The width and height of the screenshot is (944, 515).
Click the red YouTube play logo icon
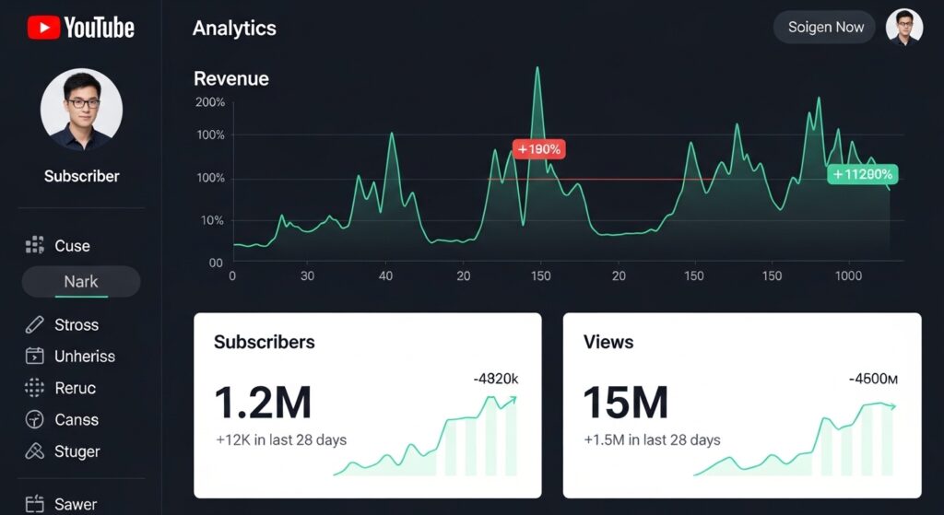click(42, 28)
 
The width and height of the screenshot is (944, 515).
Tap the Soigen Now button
click(825, 28)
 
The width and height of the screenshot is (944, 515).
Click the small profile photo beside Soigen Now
click(903, 28)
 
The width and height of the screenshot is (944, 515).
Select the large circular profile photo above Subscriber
click(81, 109)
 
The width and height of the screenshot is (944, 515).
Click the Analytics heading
click(234, 29)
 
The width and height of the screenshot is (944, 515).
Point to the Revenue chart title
click(231, 78)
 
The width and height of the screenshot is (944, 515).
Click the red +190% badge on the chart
click(538, 148)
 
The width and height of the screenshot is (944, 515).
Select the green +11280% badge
click(862, 173)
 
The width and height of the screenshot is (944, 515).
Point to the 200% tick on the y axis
click(209, 102)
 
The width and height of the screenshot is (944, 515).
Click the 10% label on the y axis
click(211, 220)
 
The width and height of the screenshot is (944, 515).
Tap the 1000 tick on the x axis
click(847, 275)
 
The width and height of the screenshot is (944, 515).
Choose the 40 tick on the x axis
click(385, 275)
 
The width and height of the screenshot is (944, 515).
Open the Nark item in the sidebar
click(81, 282)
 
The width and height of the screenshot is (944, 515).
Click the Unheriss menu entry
click(84, 357)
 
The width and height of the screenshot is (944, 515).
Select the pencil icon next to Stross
click(35, 325)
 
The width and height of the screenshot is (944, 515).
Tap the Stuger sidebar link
click(77, 451)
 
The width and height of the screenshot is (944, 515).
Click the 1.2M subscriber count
click(263, 403)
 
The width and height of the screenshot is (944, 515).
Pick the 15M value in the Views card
click(625, 403)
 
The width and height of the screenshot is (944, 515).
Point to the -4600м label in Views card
click(872, 378)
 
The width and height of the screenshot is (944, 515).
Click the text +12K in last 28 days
click(280, 439)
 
